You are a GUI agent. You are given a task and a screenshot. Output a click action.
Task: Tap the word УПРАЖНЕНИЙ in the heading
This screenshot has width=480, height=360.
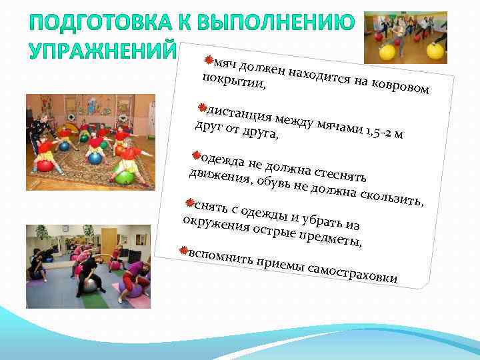[x=100, y=51]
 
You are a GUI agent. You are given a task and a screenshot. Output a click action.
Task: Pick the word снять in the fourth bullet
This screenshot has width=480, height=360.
[x=207, y=205]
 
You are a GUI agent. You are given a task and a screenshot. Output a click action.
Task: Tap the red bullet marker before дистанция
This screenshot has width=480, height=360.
[x=203, y=106]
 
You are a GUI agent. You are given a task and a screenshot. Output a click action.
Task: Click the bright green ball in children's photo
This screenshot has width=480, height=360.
[x=124, y=177]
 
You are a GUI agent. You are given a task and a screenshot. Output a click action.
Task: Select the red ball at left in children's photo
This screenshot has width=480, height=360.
[x=45, y=165]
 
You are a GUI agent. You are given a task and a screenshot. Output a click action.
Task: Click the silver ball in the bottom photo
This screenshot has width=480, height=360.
[x=89, y=286]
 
